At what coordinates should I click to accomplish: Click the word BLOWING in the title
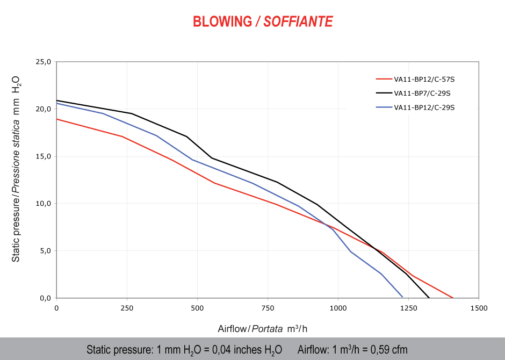click(x=222, y=21)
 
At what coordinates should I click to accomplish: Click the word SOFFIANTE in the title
click(x=298, y=21)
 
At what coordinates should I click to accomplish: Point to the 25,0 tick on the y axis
click(x=43, y=62)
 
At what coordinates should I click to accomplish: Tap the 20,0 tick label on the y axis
click(x=43, y=109)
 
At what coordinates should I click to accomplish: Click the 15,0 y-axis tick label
click(x=43, y=156)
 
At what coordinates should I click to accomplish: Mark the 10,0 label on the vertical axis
click(x=43, y=204)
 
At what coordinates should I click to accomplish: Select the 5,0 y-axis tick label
click(x=45, y=251)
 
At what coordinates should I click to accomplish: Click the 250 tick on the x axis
click(x=127, y=308)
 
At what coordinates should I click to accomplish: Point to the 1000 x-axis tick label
click(x=338, y=308)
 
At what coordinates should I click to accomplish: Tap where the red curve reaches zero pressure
click(x=453, y=298)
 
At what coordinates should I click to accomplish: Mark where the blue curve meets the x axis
click(x=402, y=297)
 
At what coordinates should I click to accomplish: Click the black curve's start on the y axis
click(x=57, y=100)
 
